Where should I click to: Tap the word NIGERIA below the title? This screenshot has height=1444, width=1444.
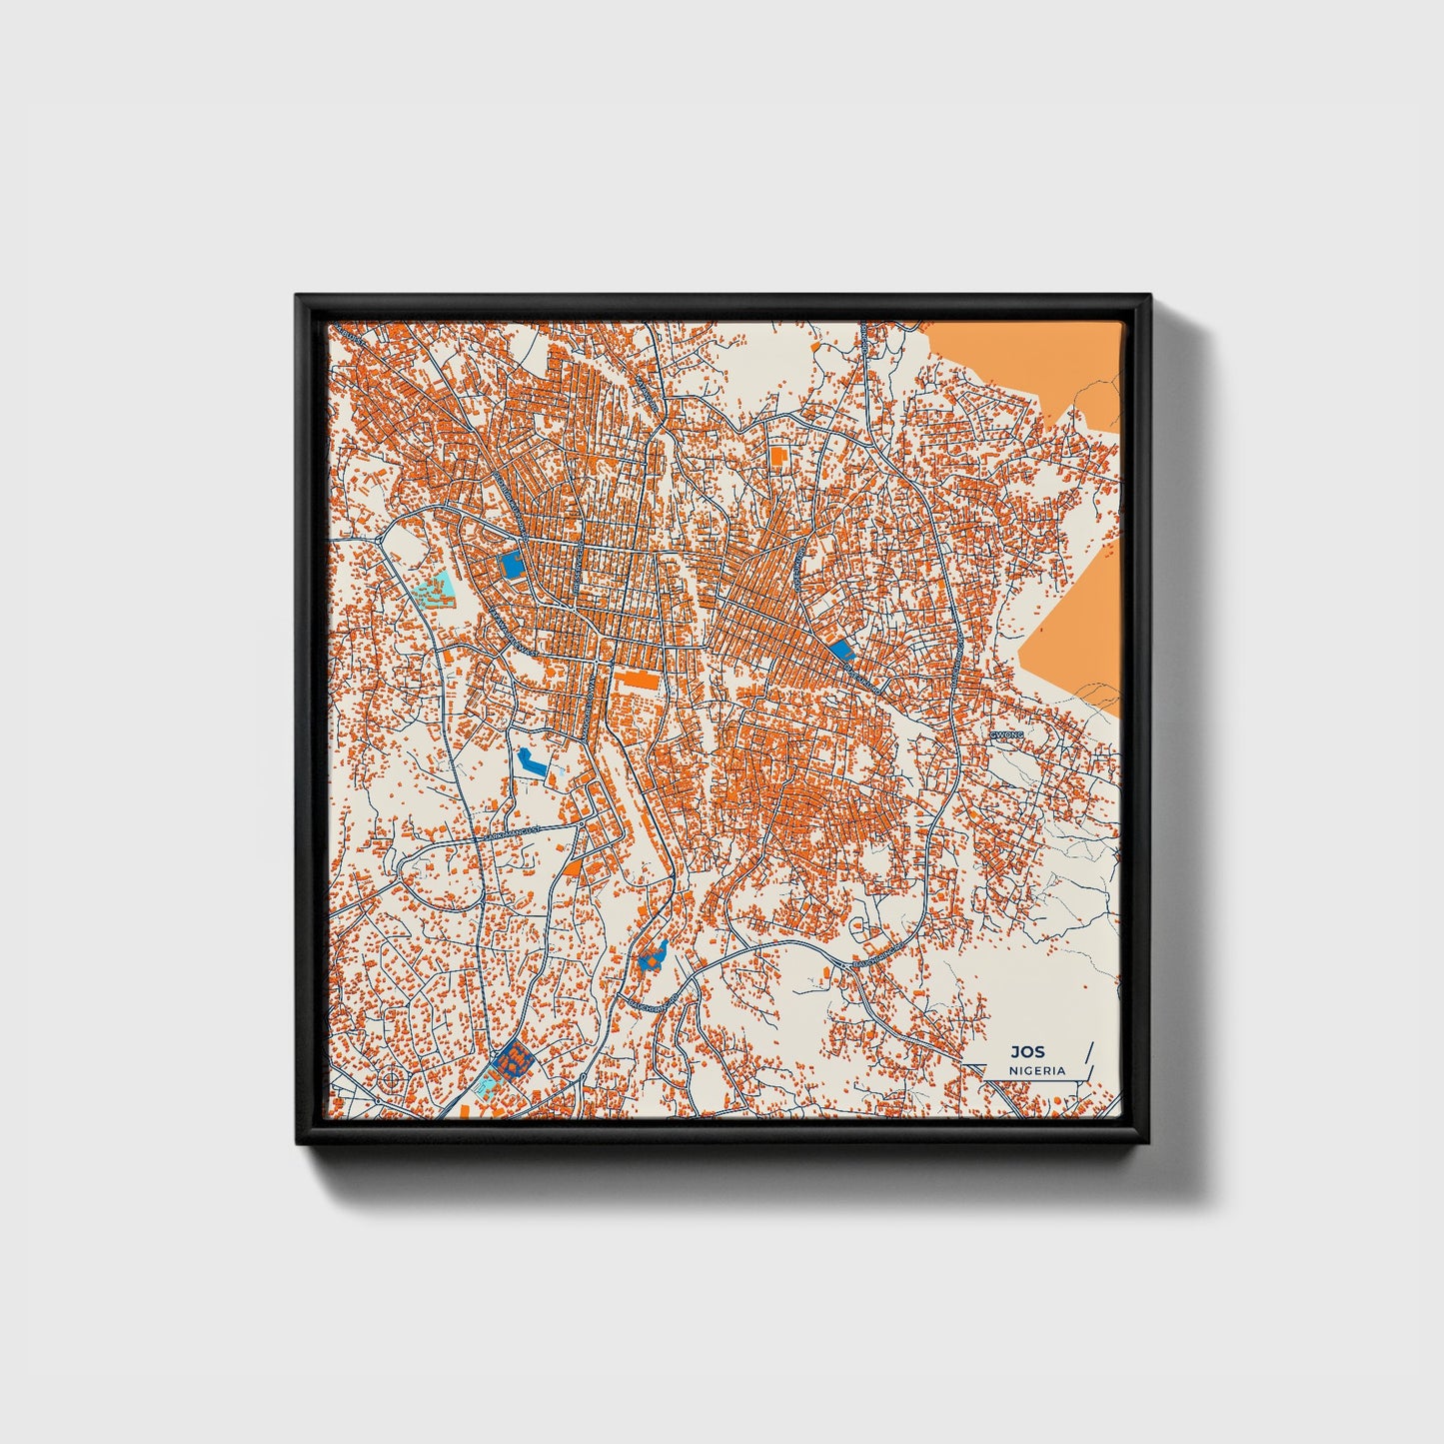(x=1037, y=1070)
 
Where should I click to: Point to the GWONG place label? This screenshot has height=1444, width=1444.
(x=1006, y=733)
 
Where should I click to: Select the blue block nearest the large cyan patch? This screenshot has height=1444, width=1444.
(x=511, y=567)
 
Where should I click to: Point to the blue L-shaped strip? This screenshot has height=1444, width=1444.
(x=532, y=761)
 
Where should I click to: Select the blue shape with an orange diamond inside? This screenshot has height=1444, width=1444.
(x=653, y=958)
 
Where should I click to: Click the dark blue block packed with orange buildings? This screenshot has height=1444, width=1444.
(x=513, y=1060)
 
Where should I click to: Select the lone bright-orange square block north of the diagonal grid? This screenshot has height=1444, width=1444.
(x=777, y=456)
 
